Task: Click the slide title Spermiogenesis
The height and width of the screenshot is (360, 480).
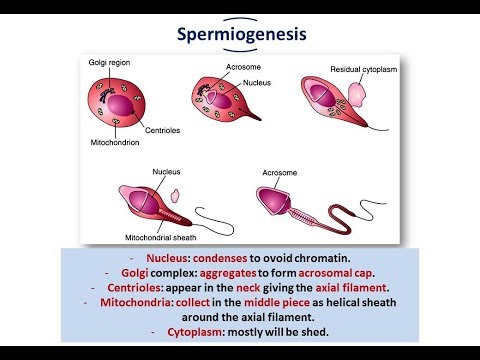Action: coord(239,35)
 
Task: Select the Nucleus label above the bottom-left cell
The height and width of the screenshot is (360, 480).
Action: coord(166,172)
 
